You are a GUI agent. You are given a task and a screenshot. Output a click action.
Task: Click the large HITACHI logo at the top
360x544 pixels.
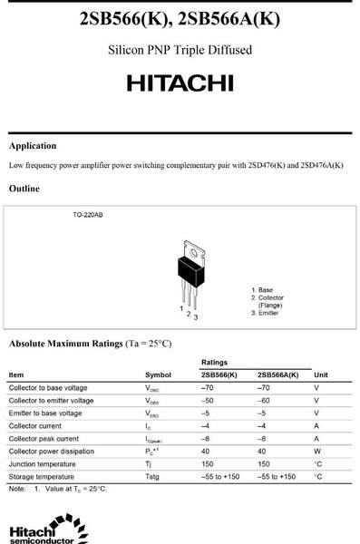point(180,83)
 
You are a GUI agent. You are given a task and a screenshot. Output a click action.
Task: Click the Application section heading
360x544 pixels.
point(33,146)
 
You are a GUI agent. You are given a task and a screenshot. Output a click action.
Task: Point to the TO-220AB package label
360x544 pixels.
point(88,216)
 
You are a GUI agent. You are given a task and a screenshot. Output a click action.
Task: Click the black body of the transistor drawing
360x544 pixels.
point(189,268)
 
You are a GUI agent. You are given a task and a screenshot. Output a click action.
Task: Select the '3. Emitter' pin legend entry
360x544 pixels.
point(267,313)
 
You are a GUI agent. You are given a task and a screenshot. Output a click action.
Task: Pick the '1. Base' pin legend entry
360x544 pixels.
point(262,290)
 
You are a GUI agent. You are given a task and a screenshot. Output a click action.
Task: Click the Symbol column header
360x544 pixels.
point(158,374)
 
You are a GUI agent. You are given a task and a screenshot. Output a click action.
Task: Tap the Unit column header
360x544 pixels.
point(321,374)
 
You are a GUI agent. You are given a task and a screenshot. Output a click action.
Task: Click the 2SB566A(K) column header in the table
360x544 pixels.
point(278,374)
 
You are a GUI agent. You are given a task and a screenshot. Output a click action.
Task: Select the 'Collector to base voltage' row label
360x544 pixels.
point(48,388)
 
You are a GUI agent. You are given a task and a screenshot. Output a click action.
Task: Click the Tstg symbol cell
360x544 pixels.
point(153,477)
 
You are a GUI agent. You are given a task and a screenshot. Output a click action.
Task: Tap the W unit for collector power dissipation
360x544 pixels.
point(317,452)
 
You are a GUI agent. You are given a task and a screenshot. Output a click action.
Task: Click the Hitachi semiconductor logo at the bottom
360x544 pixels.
point(40,533)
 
